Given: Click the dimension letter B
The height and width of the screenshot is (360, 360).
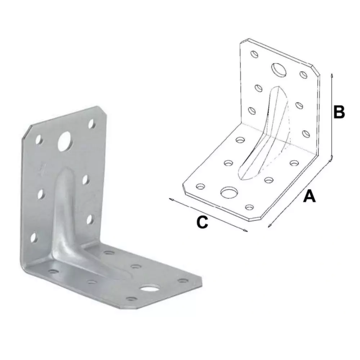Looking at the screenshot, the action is click(x=339, y=112).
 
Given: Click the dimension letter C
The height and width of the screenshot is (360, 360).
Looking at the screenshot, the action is click(x=202, y=222).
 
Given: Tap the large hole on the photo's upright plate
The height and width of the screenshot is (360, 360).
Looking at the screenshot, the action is click(x=65, y=140).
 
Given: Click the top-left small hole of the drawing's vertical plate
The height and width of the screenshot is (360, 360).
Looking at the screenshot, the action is click(x=255, y=54).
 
